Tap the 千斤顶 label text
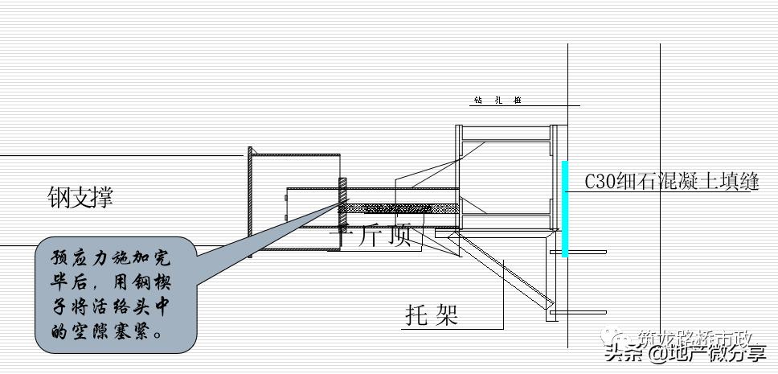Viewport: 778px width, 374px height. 375,236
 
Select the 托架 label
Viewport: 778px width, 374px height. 431,314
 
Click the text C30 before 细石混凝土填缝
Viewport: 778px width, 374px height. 600,182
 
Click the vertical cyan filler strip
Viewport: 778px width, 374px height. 565,208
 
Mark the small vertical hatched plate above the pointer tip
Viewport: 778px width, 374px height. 342,199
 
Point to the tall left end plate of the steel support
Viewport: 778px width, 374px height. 251,202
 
